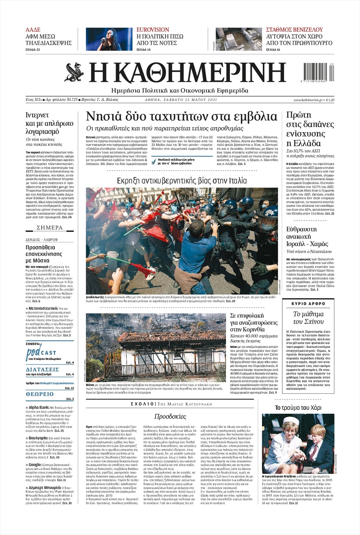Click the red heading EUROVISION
click(x=153, y=30)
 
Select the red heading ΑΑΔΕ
click(x=33, y=30)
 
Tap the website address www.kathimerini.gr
click(x=308, y=100)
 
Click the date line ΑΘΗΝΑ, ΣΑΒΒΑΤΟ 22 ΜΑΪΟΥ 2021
click(x=181, y=100)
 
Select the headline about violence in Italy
click(x=182, y=181)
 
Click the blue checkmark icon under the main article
click(x=154, y=162)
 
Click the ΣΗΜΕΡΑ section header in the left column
click(x=50, y=228)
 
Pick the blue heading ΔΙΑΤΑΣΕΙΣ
click(x=42, y=369)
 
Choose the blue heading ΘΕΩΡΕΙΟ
click(x=40, y=394)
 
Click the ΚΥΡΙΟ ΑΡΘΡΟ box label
click(x=308, y=303)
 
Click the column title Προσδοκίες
click(x=170, y=417)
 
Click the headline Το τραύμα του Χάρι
click(x=298, y=408)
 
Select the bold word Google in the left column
click(x=35, y=465)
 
